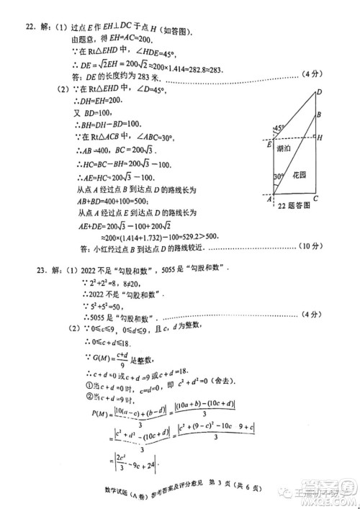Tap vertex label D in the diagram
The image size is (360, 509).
pyautogui.click(x=318, y=92)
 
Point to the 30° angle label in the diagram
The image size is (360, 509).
pyautogui.click(x=278, y=177)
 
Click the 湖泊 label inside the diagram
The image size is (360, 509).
pyautogui.click(x=284, y=148)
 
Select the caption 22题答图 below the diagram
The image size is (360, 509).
pyautogui.click(x=293, y=206)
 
